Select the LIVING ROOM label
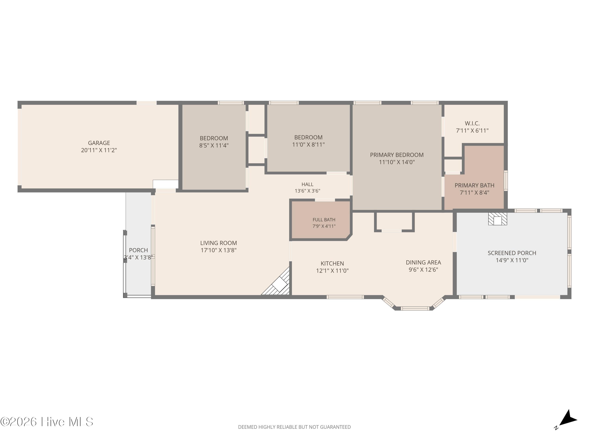tap(218, 243)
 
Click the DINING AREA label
tap(423, 262)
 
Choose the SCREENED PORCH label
tap(512, 253)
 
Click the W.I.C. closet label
tap(472, 123)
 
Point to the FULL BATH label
tap(324, 220)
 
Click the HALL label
tap(307, 184)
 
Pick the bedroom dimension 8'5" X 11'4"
tap(214, 146)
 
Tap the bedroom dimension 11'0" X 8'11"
tap(308, 145)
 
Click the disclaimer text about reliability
tap(294, 427)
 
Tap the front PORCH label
tap(138, 250)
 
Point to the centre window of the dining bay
tap(415, 309)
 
